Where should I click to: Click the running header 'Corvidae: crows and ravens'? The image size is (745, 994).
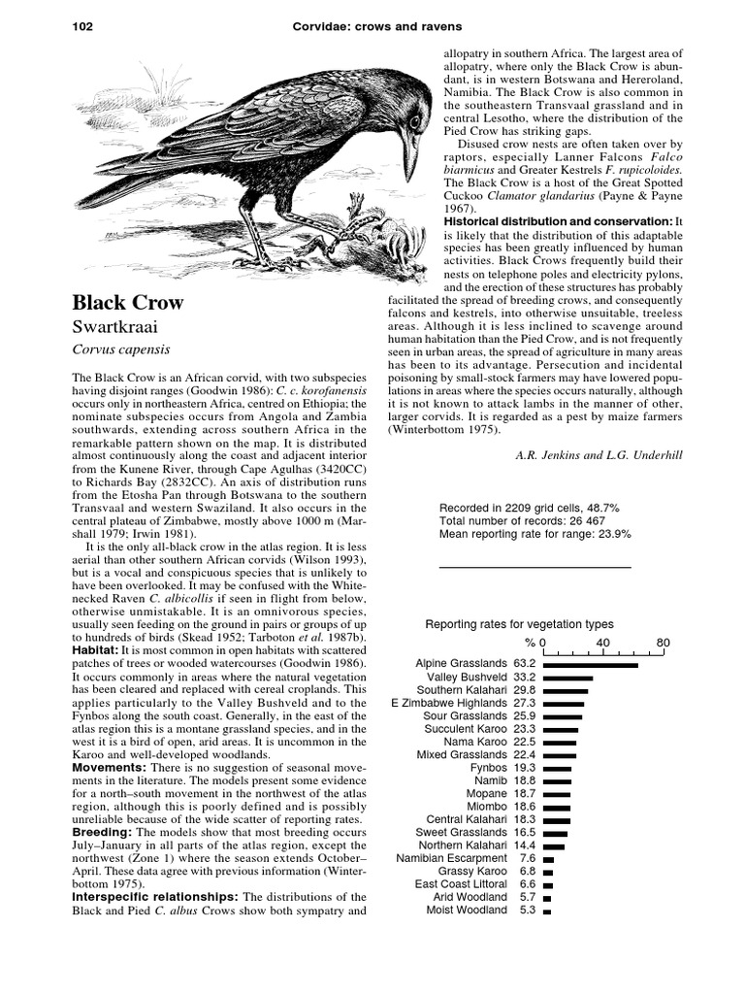pyautogui.click(x=372, y=26)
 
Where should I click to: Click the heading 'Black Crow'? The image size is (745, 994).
pyautogui.click(x=128, y=302)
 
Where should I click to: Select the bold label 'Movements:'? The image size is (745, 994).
pyautogui.click(x=110, y=767)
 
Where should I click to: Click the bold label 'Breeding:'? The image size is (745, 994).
pyautogui.click(x=103, y=833)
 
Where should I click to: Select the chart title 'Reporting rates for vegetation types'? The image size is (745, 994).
pyautogui.click(x=519, y=624)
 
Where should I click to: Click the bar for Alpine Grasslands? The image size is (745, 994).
pyautogui.click(x=591, y=664)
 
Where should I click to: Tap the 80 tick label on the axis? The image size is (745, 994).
pyautogui.click(x=664, y=643)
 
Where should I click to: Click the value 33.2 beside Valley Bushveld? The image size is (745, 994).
pyautogui.click(x=525, y=677)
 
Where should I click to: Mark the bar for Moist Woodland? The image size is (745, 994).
pyautogui.click(x=547, y=911)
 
